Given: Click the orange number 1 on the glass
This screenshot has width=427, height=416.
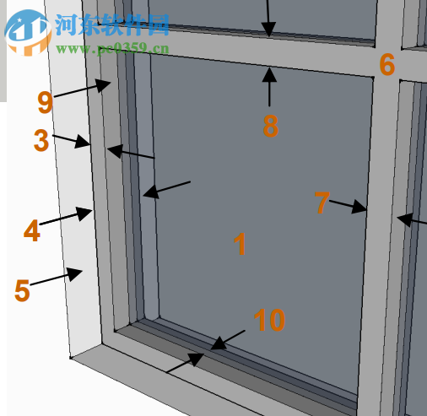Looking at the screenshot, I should coord(240,245).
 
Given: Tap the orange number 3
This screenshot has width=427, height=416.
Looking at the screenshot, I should coord(41,140).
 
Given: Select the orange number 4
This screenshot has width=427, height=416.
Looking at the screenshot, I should coord(31,230).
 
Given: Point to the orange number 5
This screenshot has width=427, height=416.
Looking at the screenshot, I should coord(22,290).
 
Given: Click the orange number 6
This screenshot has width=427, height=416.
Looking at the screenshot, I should coord(386,64).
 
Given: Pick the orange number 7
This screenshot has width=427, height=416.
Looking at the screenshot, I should coord(321,203).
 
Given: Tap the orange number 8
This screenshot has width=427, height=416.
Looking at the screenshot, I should coord(270,126).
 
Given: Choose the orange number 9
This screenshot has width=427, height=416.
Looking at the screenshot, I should coord(46,102).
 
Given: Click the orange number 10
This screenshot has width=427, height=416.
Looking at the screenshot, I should coord(269,320).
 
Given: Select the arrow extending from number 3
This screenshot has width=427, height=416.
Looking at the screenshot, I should coord(71,138).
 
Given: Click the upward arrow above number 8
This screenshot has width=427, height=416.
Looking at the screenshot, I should coord(269,85).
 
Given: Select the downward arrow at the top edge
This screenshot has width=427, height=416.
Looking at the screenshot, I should coord(269,17).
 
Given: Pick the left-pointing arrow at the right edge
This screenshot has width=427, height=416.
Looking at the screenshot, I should coord(411,221).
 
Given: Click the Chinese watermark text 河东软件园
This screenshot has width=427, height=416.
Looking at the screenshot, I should coord(112,24).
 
